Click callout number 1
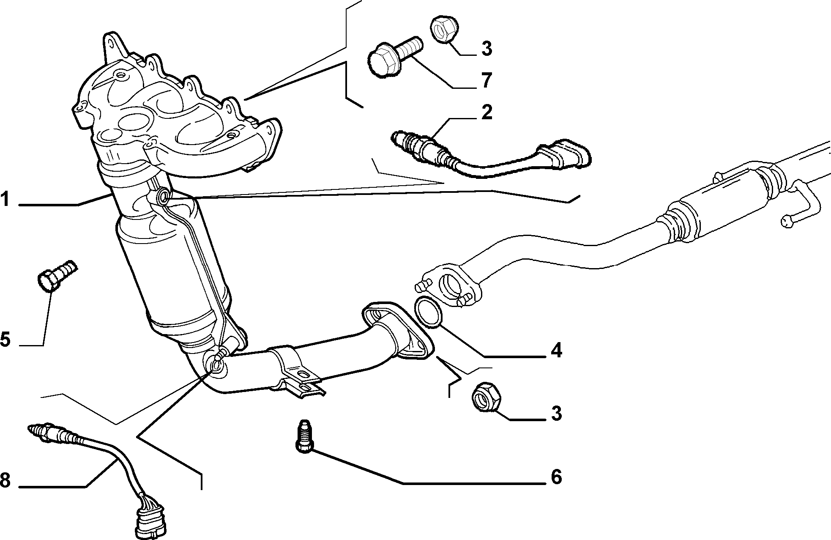(5, 199)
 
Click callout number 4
(556, 350)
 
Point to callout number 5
(5, 339)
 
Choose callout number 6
(556, 477)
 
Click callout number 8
(5, 480)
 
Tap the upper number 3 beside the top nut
(486, 49)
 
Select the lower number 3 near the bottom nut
(556, 413)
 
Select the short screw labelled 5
(56, 275)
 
